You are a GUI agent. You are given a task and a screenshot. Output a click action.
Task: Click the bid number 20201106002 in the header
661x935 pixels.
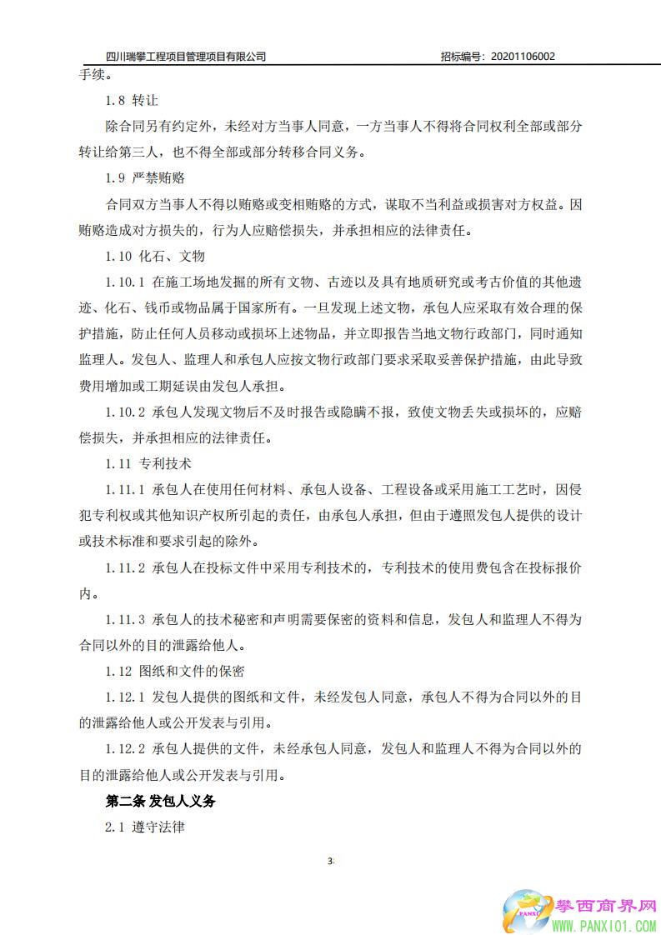[x=523, y=57]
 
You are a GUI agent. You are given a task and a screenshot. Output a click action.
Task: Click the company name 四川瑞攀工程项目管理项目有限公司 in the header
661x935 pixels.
[x=187, y=57]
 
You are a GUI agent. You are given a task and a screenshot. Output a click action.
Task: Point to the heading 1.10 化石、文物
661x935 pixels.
[x=155, y=256]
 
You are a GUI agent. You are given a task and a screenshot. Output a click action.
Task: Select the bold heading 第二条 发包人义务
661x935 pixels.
[x=160, y=801]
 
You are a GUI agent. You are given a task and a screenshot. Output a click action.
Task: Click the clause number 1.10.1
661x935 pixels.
[x=126, y=282]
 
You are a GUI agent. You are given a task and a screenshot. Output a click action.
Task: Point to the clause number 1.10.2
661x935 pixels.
[x=126, y=412]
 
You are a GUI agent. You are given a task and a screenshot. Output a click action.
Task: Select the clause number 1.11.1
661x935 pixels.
[x=126, y=489]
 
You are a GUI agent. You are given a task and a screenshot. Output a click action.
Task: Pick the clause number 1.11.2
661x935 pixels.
[x=126, y=567]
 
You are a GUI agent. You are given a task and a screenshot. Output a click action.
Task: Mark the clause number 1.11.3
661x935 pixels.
[x=126, y=619]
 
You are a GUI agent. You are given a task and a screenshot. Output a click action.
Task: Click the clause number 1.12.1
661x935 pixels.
[x=126, y=697]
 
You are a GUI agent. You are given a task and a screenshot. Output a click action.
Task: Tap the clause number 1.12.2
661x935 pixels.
[x=126, y=748]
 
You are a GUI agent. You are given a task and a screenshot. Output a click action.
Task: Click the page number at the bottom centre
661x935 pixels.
[x=331, y=860]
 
